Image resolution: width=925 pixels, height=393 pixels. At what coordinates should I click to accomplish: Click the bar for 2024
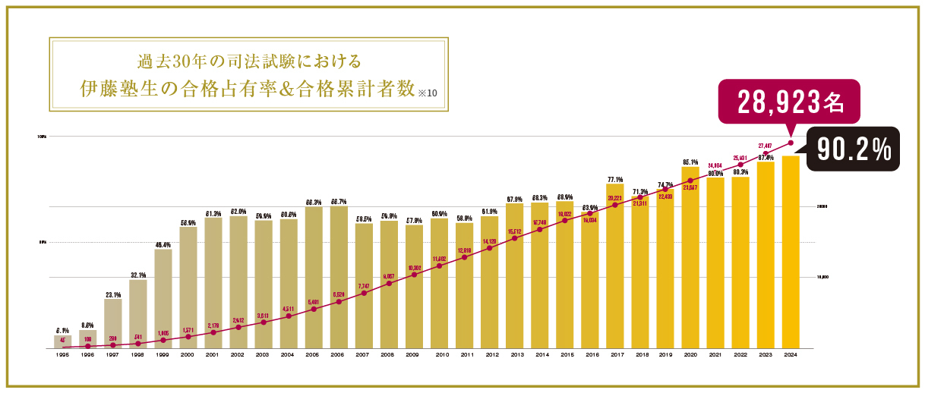(x=791, y=252)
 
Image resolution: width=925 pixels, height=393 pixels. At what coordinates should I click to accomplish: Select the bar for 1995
(x=63, y=341)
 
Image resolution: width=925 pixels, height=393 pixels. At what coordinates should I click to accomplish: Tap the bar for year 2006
(x=339, y=277)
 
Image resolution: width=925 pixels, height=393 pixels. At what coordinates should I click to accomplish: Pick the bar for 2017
(x=615, y=266)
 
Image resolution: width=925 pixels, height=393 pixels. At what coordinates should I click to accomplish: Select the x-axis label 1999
(x=163, y=354)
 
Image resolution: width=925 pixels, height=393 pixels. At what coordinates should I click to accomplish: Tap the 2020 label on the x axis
(x=690, y=354)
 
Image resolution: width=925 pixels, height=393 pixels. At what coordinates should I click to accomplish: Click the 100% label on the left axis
(x=42, y=137)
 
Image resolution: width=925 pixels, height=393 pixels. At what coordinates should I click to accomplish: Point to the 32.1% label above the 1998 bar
(x=137, y=275)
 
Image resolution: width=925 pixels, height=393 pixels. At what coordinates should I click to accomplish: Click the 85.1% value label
(x=690, y=162)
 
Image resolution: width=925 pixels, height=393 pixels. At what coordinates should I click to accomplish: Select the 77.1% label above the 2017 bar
(x=615, y=179)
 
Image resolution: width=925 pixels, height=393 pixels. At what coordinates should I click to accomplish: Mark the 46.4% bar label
(x=163, y=244)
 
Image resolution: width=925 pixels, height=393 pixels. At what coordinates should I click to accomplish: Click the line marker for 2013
(x=515, y=238)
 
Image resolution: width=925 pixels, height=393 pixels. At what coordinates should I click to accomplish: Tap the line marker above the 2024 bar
(x=791, y=143)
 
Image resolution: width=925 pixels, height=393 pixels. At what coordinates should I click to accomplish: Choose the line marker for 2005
(x=314, y=309)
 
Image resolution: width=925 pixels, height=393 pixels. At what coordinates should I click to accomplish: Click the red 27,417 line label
(x=766, y=146)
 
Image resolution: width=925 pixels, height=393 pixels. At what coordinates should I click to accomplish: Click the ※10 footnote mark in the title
(x=428, y=93)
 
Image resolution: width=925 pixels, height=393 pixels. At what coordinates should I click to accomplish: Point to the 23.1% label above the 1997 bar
(x=112, y=294)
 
